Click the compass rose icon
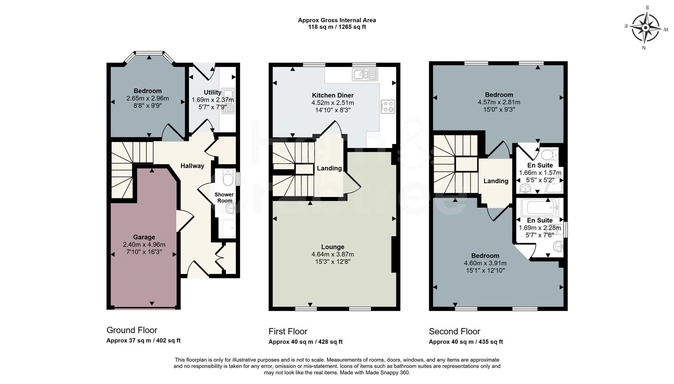point(646,28)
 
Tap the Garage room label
point(144,237)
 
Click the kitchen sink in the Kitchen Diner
point(365,74)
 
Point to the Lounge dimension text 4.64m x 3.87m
point(333,255)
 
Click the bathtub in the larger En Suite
point(539,207)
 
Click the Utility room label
point(213,92)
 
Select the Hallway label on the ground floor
point(192,166)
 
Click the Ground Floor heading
point(132,330)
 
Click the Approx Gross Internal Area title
point(337,20)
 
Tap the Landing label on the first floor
point(329,169)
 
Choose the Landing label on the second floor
point(496,181)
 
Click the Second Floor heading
point(454,331)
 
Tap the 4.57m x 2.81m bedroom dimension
point(499,102)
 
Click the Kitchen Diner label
point(333,95)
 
